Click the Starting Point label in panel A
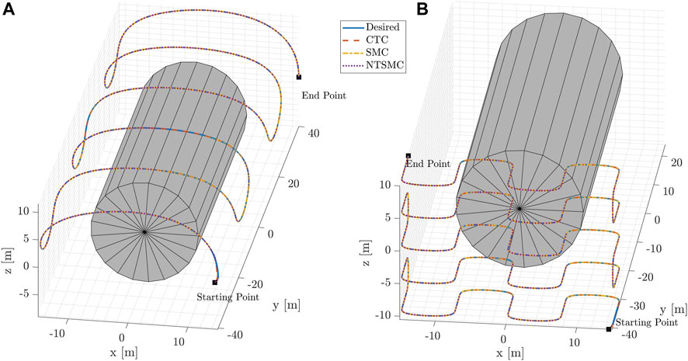(216, 296)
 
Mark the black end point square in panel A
(299, 77)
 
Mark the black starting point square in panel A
(215, 283)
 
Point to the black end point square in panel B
(408, 156)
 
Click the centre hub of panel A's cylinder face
(144, 231)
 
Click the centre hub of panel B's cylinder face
(518, 208)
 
